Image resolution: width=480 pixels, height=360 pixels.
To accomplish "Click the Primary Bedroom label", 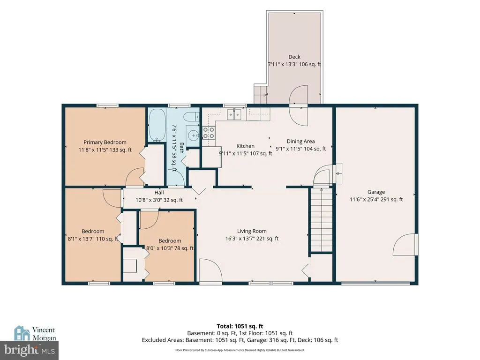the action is point(105,142).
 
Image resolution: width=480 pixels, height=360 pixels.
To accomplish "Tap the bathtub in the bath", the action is point(157,125).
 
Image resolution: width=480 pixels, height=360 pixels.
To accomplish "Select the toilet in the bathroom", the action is point(192,117).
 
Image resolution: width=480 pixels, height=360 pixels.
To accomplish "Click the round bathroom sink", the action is point(193,135).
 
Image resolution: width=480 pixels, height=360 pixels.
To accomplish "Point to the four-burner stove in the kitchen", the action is point(209,133).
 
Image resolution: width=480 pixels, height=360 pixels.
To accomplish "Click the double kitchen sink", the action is point(234,114).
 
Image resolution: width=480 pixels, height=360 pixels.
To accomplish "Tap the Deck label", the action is point(294,57).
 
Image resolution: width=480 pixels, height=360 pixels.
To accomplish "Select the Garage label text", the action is point(376,192).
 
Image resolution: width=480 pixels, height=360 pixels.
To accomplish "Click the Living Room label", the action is point(252,231).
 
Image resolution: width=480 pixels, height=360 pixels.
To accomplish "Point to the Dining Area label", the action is point(300,142).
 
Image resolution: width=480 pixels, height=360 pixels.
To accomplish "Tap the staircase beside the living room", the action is point(322,219).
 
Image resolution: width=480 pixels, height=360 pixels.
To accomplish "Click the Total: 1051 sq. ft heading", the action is point(240,326).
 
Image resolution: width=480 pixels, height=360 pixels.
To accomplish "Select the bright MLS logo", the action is point(30,350).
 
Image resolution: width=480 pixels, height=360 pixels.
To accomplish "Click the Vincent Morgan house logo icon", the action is point(22,333).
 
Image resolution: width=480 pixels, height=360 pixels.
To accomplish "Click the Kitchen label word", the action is point(245,146).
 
